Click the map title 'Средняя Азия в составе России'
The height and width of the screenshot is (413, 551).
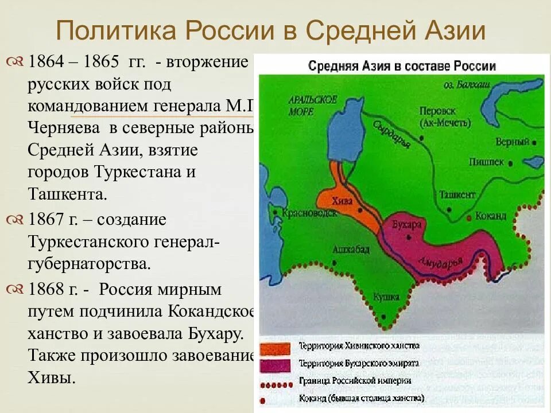pos(402,66)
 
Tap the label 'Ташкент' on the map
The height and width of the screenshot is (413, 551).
pos(457,194)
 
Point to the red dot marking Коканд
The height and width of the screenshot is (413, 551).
pos(469,217)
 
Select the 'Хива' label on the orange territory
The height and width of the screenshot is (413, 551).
pos(343,201)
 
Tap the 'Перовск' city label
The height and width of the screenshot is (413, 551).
pos(437,111)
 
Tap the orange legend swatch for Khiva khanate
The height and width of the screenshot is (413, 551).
pos(277,348)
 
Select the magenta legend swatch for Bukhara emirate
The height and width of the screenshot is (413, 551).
pos(277,364)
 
